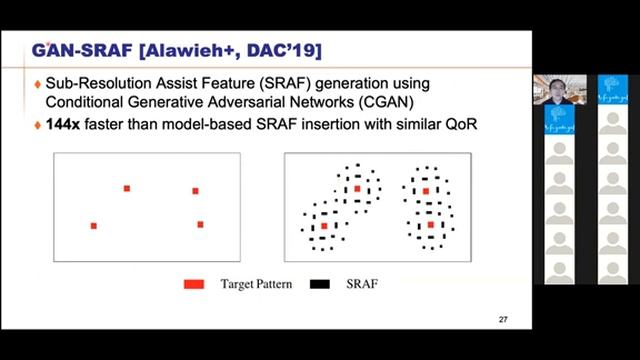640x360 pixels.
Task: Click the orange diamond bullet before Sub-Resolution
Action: pyautogui.click(x=37, y=83)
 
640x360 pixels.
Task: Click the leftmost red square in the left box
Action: pyautogui.click(x=94, y=226)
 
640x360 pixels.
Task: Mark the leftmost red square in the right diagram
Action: pyautogui.click(x=324, y=226)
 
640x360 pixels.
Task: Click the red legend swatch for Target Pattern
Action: pyautogui.click(x=194, y=284)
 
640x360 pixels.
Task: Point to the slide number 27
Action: pyautogui.click(x=503, y=319)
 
